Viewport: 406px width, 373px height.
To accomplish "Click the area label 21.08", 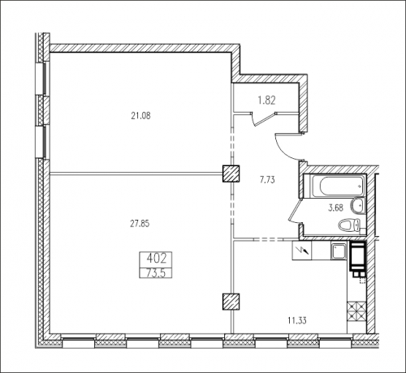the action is click(140, 116).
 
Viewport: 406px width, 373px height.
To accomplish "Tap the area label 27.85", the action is click(140, 224).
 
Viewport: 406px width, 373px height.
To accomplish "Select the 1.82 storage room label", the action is click(266, 101).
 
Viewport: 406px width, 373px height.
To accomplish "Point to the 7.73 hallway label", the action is click(267, 179).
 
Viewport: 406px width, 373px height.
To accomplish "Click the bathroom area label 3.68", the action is click(335, 208).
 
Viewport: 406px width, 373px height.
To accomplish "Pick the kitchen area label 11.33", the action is click(297, 321).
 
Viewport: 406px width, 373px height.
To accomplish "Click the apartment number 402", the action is click(156, 259).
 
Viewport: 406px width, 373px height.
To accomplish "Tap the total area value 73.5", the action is click(156, 273).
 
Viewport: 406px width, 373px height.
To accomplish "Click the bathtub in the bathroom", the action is click(335, 186).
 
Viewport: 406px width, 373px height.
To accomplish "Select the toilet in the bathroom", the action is click(350, 225).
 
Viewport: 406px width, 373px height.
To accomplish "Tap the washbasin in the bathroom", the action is click(358, 206).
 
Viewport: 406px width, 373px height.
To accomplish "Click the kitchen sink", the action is click(339, 251).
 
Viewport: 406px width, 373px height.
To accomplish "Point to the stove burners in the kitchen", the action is click(356, 311).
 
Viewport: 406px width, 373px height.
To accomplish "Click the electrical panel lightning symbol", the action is click(302, 251).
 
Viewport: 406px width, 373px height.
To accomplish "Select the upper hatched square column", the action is click(231, 174).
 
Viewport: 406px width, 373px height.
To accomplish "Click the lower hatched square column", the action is click(231, 302).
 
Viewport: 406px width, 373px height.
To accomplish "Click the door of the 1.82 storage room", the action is click(262, 119).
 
